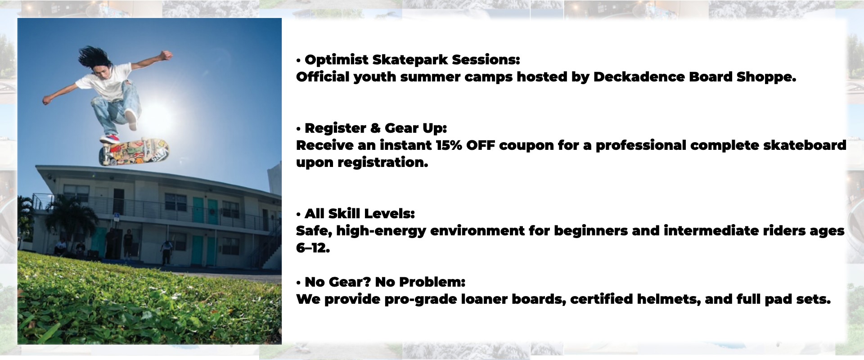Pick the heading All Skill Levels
(360, 214)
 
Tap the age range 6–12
(313, 248)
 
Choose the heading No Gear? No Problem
(385, 282)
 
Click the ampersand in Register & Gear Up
(375, 128)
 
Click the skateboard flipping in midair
(134, 151)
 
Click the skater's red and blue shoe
(110, 139)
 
